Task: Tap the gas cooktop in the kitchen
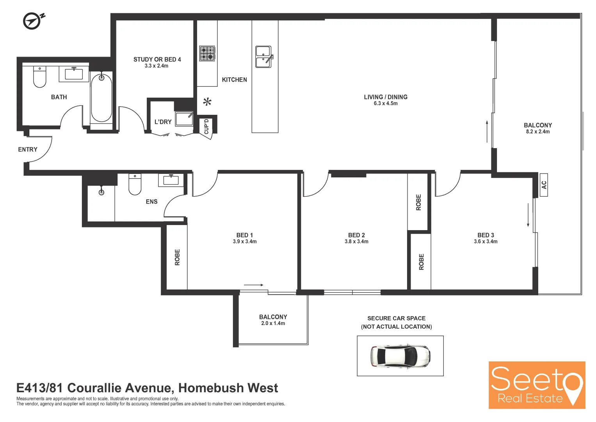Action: pos(207,54)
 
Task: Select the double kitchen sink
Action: pos(263,57)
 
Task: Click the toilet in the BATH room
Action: pos(39,77)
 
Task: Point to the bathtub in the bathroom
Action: pos(101,98)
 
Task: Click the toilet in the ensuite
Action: pos(135,184)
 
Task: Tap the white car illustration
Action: pos(400,356)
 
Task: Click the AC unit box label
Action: pos(544,185)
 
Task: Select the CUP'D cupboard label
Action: pos(206,127)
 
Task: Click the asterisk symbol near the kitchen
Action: pos(207,102)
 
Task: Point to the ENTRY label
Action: pos(28,150)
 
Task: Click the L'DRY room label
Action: pos(163,122)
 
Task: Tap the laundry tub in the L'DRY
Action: pos(184,119)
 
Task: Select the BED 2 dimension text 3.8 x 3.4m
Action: pos(356,241)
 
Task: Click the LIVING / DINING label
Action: pos(386,97)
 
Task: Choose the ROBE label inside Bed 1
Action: pos(178,257)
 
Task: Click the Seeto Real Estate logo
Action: pos(537,385)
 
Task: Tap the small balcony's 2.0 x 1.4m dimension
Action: pos(273,324)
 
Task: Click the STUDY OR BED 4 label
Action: pos(157,59)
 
